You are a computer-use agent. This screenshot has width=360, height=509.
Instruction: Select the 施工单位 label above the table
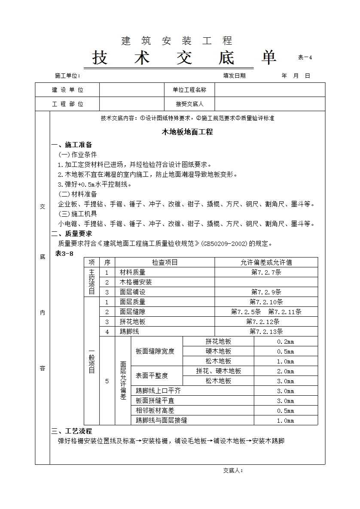67,76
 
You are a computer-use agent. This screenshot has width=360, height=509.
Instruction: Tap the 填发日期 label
234,76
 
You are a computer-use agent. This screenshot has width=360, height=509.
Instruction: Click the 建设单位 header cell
67,90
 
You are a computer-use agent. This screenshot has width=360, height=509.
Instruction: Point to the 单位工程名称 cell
189,90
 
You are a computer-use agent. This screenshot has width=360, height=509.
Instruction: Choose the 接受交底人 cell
189,104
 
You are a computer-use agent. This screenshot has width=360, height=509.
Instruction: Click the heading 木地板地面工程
187,132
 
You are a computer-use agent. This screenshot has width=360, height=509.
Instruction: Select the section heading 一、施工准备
72,145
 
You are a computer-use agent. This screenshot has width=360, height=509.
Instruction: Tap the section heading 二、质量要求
72,234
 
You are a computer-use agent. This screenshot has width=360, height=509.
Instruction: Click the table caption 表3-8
64,254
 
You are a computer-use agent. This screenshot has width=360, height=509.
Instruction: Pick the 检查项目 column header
165,262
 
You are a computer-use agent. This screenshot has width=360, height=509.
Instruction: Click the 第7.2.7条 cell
266,272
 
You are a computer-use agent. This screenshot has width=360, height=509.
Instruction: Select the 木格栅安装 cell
136,282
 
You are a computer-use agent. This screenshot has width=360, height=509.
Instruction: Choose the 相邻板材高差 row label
155,411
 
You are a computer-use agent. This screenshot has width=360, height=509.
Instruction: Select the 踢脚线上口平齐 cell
158,391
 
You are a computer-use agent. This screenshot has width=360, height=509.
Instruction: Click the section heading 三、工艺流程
72,431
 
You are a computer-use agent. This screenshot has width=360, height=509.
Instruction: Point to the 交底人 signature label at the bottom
233,470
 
